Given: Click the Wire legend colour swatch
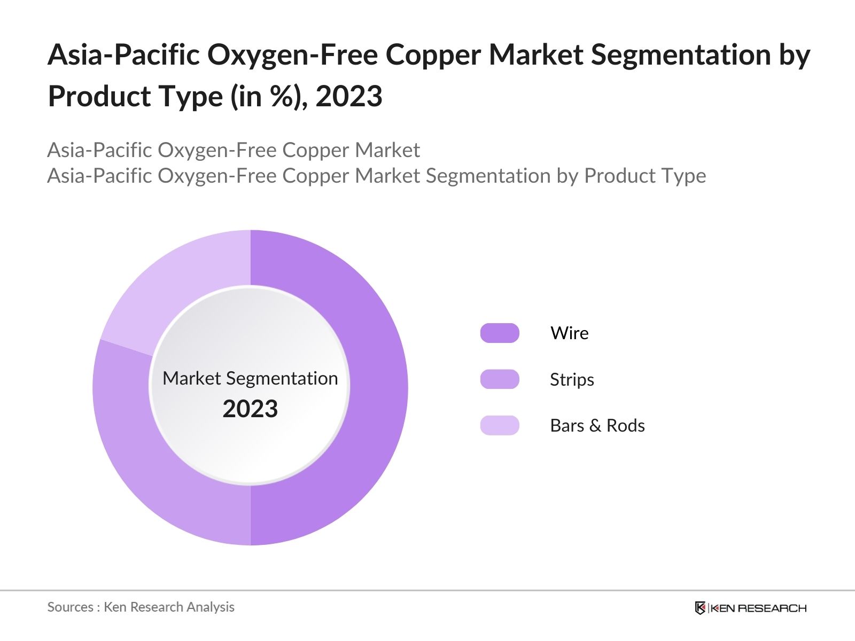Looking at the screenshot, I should pyautogui.click(x=500, y=333).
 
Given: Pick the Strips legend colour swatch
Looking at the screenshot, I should pyautogui.click(x=500, y=379).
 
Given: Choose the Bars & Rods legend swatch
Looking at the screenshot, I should pyautogui.click(x=500, y=425).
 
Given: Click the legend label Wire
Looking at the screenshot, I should pyautogui.click(x=570, y=333).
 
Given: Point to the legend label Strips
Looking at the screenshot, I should pyautogui.click(x=572, y=379).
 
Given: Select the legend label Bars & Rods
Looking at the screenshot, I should pyautogui.click(x=597, y=425).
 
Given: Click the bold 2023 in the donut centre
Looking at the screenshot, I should pyautogui.click(x=250, y=409).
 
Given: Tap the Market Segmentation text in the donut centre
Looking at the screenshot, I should pyautogui.click(x=250, y=378).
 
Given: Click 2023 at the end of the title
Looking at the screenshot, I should pyautogui.click(x=349, y=97).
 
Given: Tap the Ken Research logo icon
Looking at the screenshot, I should pyautogui.click(x=700, y=608).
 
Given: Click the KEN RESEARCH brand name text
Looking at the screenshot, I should pyautogui.click(x=758, y=608).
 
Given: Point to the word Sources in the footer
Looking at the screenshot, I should pyautogui.click(x=70, y=607).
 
